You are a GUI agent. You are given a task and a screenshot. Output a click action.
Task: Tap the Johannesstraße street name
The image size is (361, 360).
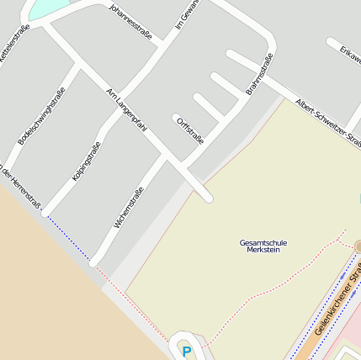130,22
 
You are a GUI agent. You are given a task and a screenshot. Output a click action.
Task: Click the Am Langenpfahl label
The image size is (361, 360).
126,109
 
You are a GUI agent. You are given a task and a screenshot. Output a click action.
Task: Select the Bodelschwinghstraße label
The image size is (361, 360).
41,115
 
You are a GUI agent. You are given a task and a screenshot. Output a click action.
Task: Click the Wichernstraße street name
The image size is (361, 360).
128,207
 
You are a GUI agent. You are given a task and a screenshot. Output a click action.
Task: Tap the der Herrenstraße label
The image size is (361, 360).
20,184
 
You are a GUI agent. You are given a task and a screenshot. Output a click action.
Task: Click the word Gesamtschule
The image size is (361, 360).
263,243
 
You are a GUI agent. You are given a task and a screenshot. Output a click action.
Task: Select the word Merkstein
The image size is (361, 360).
263,251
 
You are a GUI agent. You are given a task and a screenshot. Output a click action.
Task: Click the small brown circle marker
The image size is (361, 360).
358,246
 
